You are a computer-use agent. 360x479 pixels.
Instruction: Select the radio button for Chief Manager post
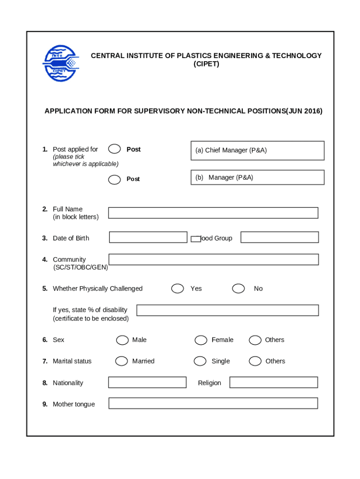click(x=114, y=149)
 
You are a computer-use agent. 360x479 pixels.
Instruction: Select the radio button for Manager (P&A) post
click(x=114, y=179)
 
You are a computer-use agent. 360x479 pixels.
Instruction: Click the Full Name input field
click(x=213, y=213)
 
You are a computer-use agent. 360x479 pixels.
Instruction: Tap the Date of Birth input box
click(x=148, y=237)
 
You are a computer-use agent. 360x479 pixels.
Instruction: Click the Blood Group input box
click(x=280, y=237)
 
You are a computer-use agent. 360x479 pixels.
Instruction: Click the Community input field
click(x=213, y=260)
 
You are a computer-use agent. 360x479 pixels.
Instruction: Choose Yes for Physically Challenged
click(x=178, y=289)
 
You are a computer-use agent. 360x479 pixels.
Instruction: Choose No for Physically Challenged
click(x=238, y=289)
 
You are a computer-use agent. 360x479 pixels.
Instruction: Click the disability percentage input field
click(x=227, y=310)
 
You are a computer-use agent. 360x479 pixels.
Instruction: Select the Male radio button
click(x=122, y=340)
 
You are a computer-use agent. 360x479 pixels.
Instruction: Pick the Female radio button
click(x=201, y=340)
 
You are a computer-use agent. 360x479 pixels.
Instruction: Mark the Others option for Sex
click(x=255, y=340)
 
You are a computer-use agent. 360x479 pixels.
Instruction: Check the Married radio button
click(x=122, y=361)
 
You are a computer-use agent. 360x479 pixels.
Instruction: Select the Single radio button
click(x=200, y=361)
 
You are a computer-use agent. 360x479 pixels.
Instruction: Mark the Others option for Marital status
click(x=255, y=361)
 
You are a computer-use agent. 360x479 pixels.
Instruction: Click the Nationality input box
click(x=147, y=383)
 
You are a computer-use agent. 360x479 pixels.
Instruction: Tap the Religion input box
click(x=274, y=383)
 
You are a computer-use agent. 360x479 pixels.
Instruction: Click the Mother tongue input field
click(x=213, y=403)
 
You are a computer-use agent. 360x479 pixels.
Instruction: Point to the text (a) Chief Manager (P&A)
click(x=231, y=150)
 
